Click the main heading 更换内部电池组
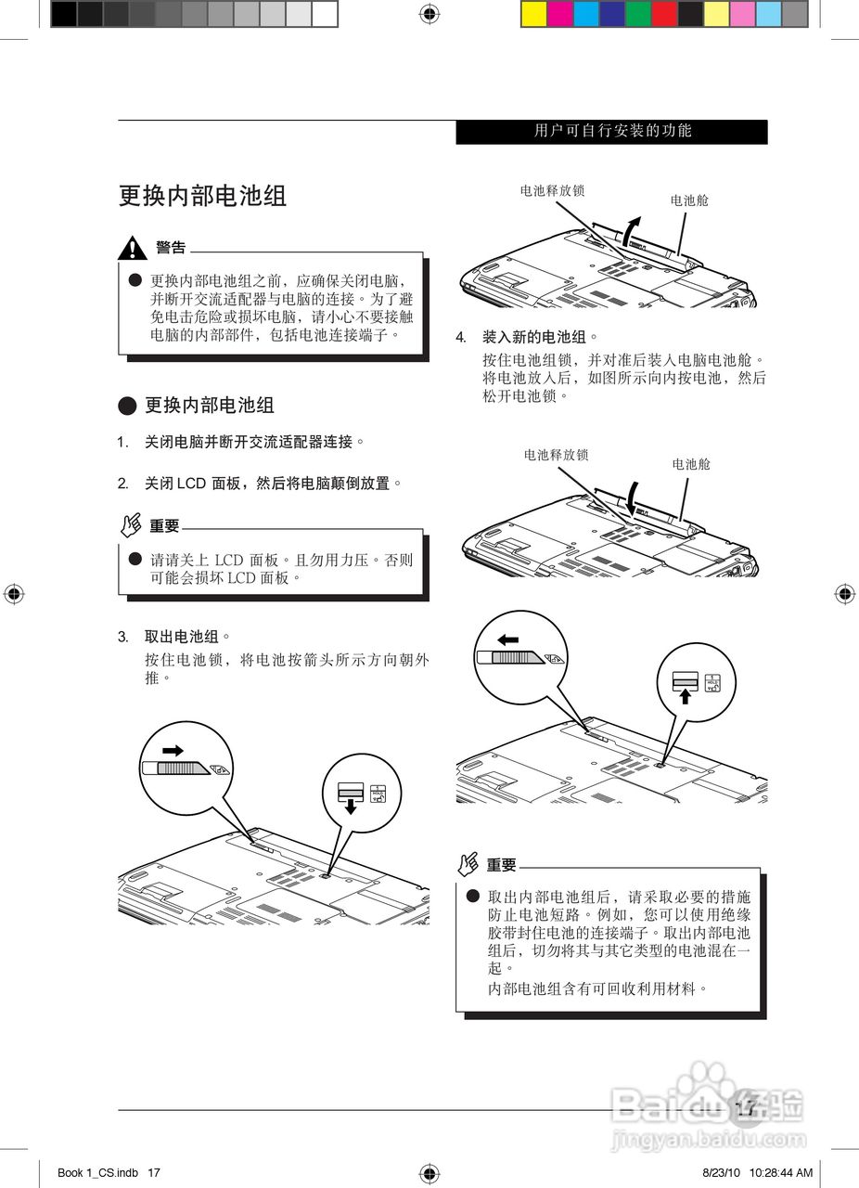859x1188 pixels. [x=202, y=196]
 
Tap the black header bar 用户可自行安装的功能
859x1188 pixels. [x=612, y=132]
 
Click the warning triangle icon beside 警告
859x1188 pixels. [x=134, y=249]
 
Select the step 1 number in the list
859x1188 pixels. [x=122, y=443]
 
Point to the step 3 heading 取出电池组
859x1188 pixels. [x=182, y=637]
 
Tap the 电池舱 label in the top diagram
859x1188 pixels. [x=689, y=200]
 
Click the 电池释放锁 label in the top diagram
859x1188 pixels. [x=552, y=190]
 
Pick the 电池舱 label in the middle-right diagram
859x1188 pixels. [x=691, y=464]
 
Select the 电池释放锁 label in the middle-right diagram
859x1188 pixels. [x=556, y=455]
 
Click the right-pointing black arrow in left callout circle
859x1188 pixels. [x=173, y=750]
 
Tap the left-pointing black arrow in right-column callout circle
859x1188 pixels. [x=507, y=639]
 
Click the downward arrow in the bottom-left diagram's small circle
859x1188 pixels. [x=350, y=807]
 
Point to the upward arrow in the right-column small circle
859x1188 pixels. [x=685, y=696]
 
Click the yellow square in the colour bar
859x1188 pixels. [x=533, y=13]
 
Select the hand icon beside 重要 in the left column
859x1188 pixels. [x=132, y=525]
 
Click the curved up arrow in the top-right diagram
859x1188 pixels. [x=631, y=226]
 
